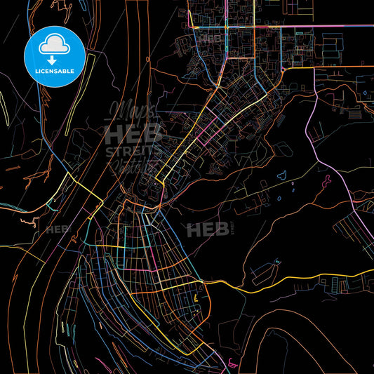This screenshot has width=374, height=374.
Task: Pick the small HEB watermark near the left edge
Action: pyautogui.click(x=58, y=229)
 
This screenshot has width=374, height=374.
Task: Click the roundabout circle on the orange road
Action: pyautogui.click(x=282, y=71)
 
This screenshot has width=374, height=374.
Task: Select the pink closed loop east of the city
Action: pyautogui.click(x=327, y=180)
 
